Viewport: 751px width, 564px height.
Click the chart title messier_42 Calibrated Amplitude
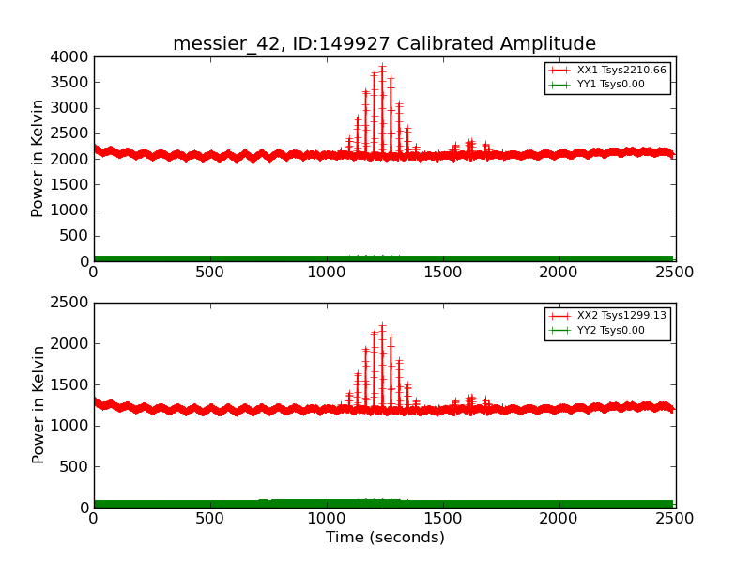384,43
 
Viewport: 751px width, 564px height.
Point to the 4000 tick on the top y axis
71,56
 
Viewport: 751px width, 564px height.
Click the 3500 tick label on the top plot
71,82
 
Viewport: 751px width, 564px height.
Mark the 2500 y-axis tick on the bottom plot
71,303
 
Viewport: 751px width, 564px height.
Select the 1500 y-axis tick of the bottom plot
71,384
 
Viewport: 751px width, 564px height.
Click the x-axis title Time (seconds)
385,538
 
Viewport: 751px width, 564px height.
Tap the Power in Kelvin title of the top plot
38,159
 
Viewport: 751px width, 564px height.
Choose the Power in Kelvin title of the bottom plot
38,404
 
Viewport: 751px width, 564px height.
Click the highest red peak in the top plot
382,68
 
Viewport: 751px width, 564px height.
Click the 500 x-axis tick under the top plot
210,273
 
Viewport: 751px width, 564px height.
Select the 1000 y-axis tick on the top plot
71,210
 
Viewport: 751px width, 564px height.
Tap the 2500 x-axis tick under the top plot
675,273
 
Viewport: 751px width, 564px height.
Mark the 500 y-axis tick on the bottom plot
76,466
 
